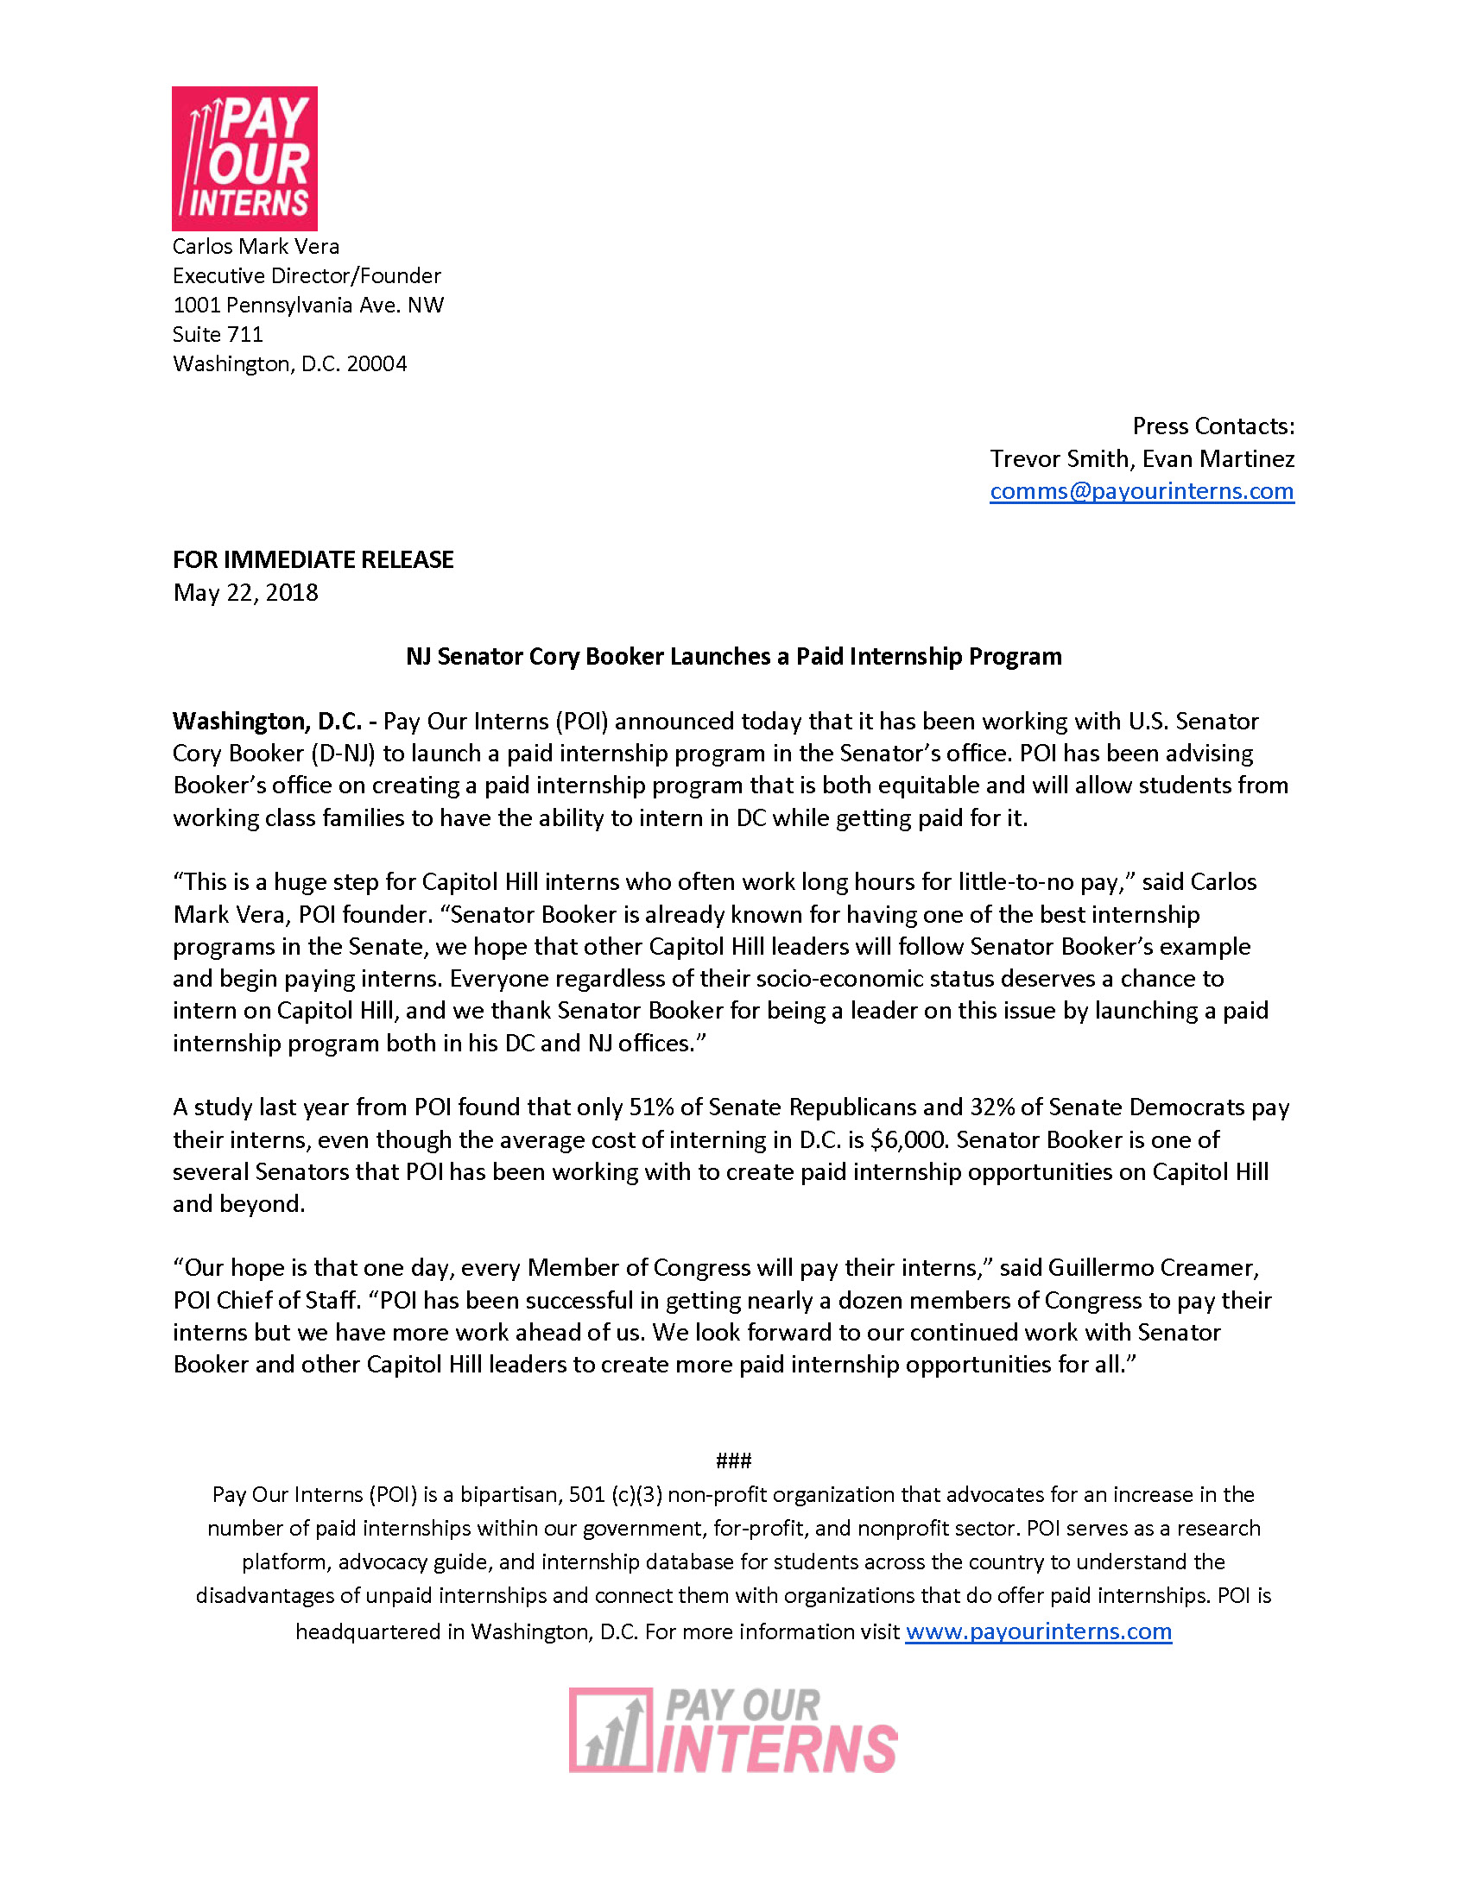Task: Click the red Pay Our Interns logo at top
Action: coord(244,158)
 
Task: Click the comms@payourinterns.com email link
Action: coord(1141,491)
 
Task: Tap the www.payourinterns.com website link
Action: coord(1037,1631)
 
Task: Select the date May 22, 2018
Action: coord(245,593)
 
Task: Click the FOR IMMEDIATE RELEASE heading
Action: coord(313,559)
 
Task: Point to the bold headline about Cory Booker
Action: coord(733,657)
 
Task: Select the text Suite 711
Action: coord(218,334)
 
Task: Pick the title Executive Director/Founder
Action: coord(307,275)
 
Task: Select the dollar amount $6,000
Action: coord(908,1140)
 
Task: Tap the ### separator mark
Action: coord(733,1461)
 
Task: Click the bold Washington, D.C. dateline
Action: coord(267,722)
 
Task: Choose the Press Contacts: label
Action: coord(1212,426)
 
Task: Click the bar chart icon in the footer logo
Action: coord(611,1731)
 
